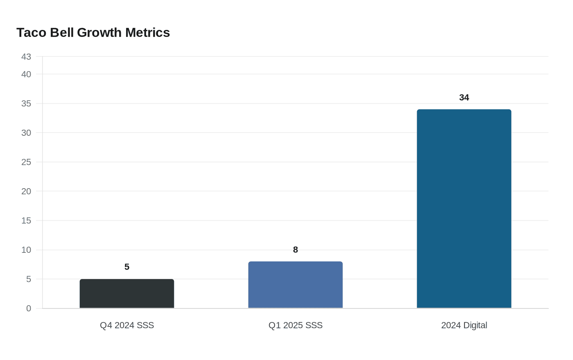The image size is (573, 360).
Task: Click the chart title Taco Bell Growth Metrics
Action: click(93, 33)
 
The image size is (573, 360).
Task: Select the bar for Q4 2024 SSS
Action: click(127, 294)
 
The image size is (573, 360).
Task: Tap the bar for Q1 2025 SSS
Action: click(296, 285)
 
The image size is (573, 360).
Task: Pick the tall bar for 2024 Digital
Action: click(464, 209)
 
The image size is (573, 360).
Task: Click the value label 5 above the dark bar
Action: click(127, 267)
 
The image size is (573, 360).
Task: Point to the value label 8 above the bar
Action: click(296, 250)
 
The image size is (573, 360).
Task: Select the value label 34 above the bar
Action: click(464, 97)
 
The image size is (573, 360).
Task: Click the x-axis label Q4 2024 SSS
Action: click(127, 325)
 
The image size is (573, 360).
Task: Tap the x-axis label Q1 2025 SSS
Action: click(296, 325)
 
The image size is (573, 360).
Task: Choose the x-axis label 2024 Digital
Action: click(464, 325)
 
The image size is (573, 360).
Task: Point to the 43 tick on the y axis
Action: click(26, 57)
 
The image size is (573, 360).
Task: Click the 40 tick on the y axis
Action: click(26, 74)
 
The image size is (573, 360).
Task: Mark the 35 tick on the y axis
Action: click(26, 103)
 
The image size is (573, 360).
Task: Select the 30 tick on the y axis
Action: click(26, 133)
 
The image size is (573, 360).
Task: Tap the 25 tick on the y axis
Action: click(26, 162)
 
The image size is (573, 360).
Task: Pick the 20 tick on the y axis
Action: click(26, 191)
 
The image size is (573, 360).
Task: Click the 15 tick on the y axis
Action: click(26, 220)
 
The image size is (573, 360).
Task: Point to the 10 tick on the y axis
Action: click(26, 250)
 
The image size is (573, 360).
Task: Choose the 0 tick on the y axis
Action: click(29, 308)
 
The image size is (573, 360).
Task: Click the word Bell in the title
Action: click(62, 33)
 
